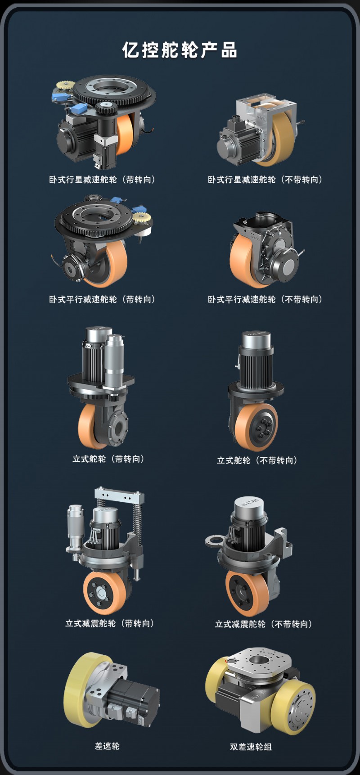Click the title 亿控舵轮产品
[x=180, y=50]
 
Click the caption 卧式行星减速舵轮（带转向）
[x=103, y=180]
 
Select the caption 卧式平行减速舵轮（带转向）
[x=103, y=299]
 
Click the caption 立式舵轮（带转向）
[x=109, y=459]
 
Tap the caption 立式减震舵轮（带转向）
[x=111, y=623]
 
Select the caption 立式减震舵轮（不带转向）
[x=264, y=624]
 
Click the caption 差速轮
[x=107, y=746]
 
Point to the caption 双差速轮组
[x=251, y=747]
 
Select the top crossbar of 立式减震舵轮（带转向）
[x=119, y=495]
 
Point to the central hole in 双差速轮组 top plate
[x=258, y=660]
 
